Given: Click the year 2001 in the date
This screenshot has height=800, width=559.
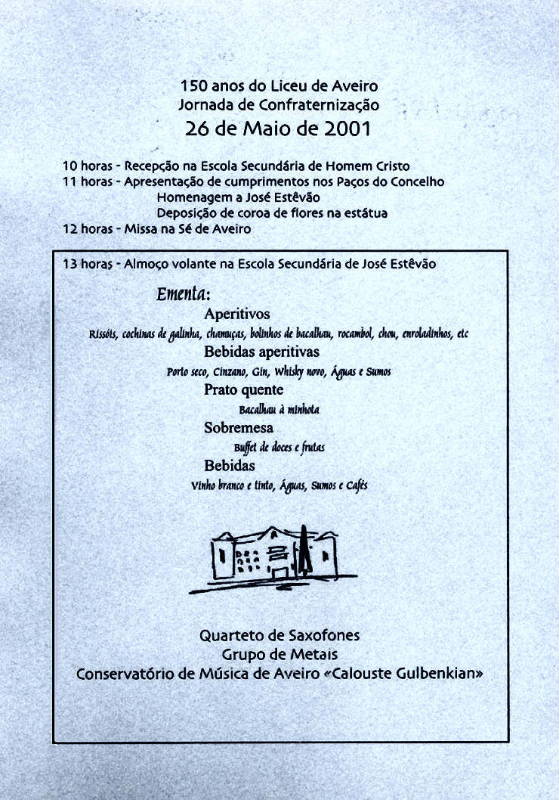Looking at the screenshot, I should click(347, 129).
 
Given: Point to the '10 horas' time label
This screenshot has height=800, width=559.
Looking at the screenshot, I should click(87, 166).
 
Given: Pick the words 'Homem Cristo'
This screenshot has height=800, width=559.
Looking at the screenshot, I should click(375, 166).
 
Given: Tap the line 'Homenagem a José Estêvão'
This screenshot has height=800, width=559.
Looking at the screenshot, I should click(238, 197).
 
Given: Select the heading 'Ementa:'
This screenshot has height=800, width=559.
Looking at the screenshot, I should click(183, 293).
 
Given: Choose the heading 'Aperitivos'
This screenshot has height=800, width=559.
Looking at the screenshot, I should click(236, 314).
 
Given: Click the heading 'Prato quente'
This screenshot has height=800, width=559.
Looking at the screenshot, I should click(243, 390).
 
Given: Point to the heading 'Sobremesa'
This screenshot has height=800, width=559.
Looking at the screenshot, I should click(238, 428).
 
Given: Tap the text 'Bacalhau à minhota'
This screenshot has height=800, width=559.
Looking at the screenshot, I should click(279, 410).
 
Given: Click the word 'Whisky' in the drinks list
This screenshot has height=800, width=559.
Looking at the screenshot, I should click(289, 371).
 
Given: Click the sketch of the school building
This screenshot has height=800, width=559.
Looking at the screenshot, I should click(273, 558).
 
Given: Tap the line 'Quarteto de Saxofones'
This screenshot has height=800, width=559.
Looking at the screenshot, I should click(279, 637).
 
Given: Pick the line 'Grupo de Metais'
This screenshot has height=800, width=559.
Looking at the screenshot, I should click(279, 654).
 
